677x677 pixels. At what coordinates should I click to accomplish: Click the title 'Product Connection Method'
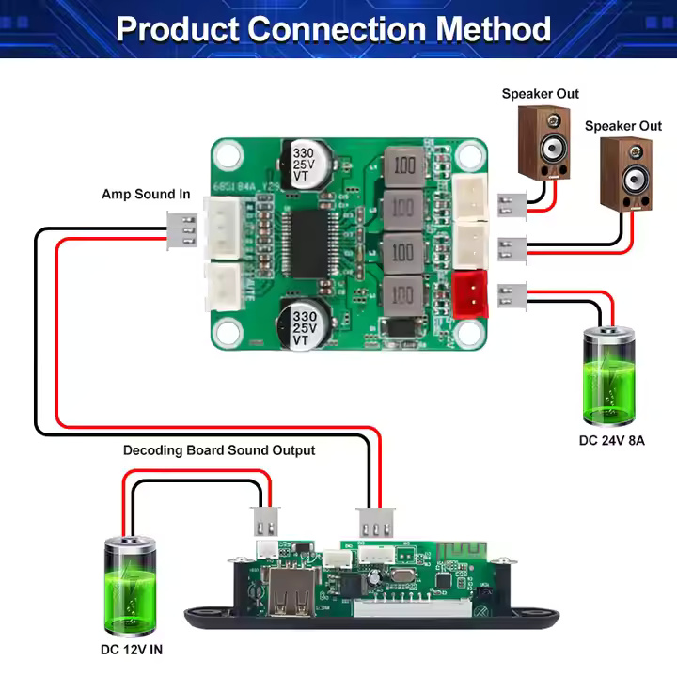(334, 28)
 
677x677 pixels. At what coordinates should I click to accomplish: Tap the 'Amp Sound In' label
(146, 195)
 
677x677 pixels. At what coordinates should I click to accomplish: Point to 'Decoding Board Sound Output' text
(219, 450)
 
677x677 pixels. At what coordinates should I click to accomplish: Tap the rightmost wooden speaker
(626, 174)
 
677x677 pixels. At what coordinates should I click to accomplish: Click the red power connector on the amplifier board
(470, 294)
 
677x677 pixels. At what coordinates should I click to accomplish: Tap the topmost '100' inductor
(403, 166)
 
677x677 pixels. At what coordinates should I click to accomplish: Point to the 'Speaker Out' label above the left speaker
(540, 94)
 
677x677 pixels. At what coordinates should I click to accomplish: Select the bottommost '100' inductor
(403, 294)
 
